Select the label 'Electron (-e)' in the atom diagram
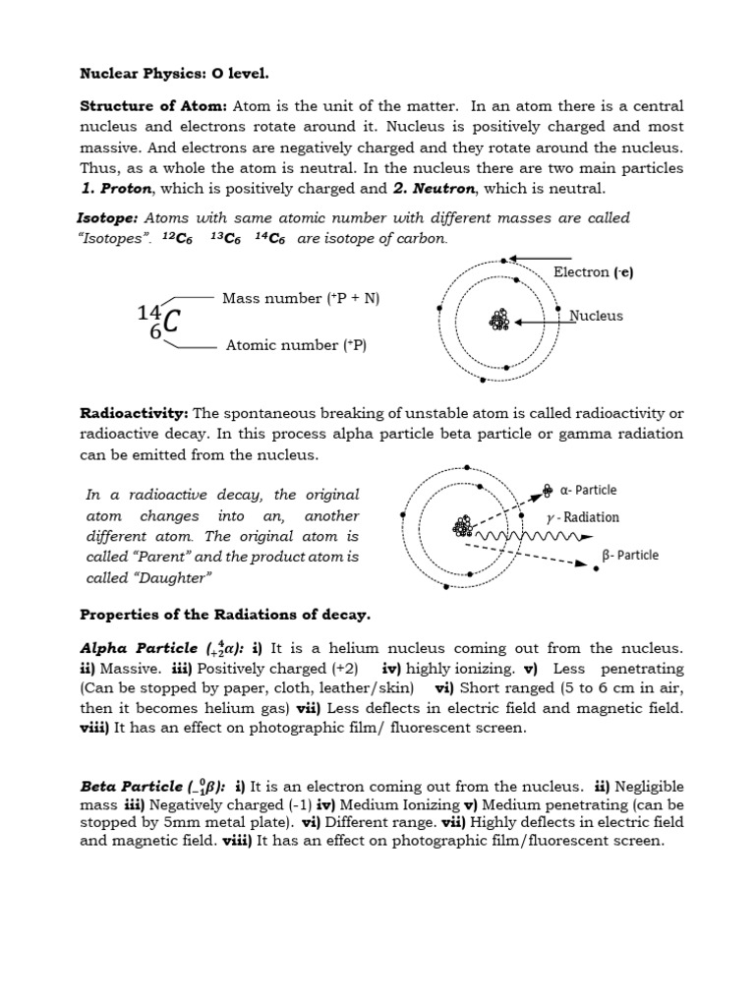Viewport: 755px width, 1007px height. tap(593, 272)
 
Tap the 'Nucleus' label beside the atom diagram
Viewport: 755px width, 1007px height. tap(597, 316)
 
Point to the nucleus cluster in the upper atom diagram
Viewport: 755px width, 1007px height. tap(500, 321)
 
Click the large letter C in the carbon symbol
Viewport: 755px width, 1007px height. tap(170, 322)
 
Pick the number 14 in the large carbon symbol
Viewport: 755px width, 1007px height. tap(148, 313)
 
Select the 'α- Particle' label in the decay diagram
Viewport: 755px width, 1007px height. tap(588, 490)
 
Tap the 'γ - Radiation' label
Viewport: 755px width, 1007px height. tap(583, 517)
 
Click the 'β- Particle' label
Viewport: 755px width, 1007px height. tap(630, 555)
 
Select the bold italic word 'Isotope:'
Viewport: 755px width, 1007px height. tap(107, 217)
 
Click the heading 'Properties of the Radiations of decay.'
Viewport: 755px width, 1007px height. tap(224, 616)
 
